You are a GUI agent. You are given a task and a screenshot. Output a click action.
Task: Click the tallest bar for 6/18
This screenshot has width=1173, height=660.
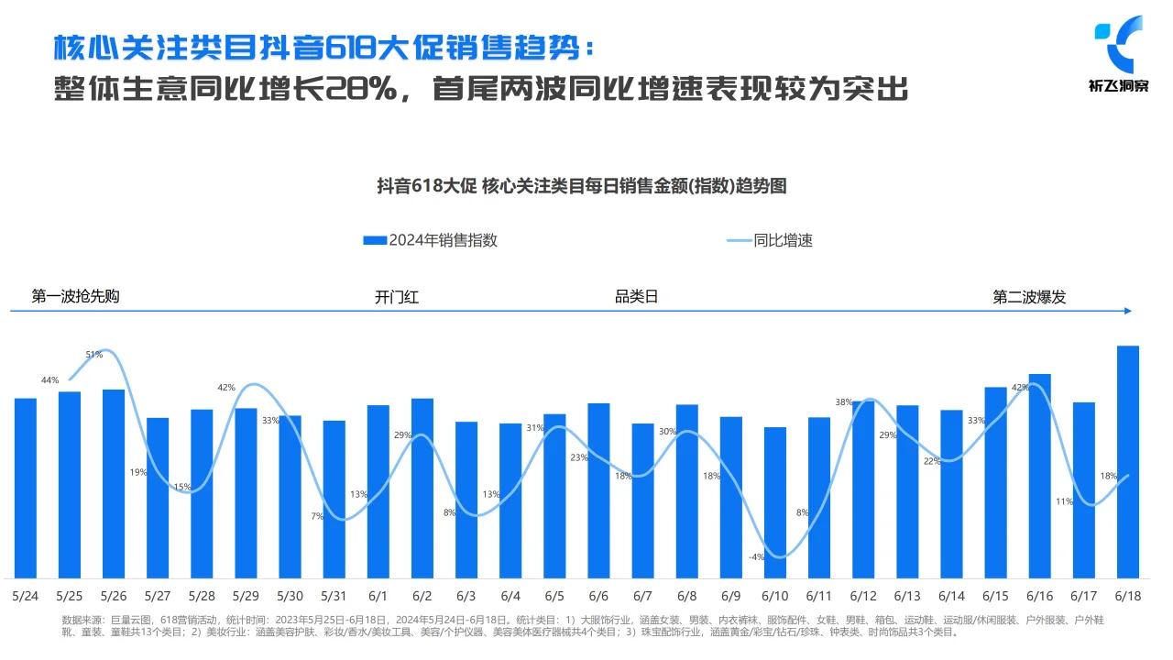[x=1128, y=462]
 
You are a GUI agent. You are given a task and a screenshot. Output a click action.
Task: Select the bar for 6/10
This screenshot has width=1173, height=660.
[x=775, y=502]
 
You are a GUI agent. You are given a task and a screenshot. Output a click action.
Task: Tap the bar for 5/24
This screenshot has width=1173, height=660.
[x=26, y=488]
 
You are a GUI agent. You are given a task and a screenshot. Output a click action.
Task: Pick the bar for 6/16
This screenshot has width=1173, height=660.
[x=1039, y=476]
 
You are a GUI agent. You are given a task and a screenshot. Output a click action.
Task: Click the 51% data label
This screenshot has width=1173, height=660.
[x=93, y=354]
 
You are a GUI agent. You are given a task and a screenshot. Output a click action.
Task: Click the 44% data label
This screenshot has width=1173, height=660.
[x=49, y=379]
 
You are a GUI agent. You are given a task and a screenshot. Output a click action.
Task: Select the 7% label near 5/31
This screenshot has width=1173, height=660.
[x=317, y=516]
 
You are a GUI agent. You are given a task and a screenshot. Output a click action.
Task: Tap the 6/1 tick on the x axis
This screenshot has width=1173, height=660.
[x=378, y=596]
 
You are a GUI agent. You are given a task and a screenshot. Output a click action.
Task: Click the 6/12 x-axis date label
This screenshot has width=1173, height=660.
[x=863, y=596]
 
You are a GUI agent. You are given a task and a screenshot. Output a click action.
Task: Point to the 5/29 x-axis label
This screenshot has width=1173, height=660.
[x=246, y=596]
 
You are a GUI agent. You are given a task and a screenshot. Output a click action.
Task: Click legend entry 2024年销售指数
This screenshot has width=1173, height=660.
[x=431, y=240]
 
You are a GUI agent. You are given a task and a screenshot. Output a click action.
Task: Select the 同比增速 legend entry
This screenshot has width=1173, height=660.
[x=770, y=240]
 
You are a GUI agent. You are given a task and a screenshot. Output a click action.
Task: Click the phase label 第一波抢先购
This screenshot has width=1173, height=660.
[x=75, y=296]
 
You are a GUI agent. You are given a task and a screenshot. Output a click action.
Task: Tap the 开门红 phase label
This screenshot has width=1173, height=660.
[x=396, y=297]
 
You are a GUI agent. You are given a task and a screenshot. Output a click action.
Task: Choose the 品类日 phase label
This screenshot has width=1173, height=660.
[x=636, y=296]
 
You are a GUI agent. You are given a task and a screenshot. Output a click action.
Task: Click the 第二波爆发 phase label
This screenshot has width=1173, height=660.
[x=1029, y=297]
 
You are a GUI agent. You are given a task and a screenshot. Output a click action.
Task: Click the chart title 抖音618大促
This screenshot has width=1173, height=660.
[x=582, y=186]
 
